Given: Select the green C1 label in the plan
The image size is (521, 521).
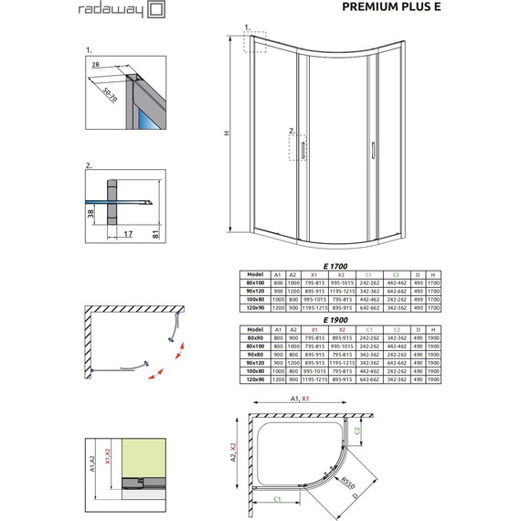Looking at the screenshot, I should click(x=277, y=498).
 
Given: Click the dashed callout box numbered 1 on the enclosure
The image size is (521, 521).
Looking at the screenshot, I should click(x=253, y=43).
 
